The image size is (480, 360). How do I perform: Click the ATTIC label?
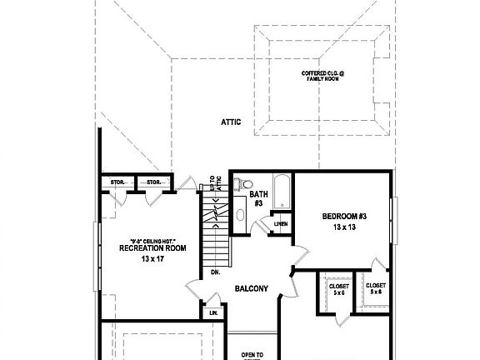pos(231,122)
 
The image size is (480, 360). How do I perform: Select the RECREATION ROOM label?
pos(152,248)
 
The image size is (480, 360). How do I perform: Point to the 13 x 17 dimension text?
pos(152,260)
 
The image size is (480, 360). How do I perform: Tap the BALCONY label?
pos(251,289)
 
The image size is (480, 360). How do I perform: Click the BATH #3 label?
pos(257,198)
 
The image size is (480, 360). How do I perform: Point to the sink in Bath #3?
pos(241,215)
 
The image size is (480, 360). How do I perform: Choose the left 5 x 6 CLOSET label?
pos(338,288)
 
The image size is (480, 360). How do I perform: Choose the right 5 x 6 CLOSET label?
pos(376,288)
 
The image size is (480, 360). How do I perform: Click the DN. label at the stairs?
pos(214,272)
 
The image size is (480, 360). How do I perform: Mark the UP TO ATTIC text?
pos(215,183)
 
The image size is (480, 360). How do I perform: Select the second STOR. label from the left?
pos(152,182)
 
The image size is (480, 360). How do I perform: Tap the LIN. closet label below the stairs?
pos(213,312)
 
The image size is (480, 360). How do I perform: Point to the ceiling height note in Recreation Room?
pos(152,239)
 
